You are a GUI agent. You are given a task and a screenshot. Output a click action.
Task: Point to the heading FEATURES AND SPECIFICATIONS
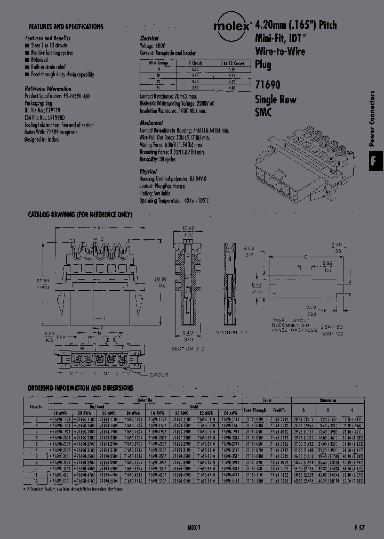66,27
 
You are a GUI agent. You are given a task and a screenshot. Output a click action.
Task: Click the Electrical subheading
149,38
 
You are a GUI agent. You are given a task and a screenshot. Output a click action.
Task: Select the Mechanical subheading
151,123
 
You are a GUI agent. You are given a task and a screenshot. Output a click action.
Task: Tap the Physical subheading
148,171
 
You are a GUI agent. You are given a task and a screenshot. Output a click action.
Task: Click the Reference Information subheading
48,88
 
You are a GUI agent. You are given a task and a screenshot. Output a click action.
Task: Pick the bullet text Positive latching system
52,53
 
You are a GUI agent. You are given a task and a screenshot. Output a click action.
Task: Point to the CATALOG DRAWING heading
79,215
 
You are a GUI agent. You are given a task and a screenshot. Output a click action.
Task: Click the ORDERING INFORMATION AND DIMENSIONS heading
81,388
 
